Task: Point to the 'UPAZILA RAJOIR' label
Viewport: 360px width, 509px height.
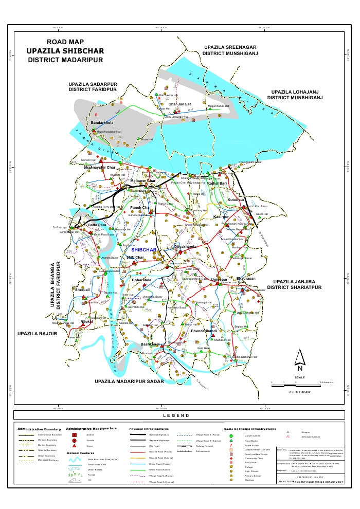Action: [x=37, y=334]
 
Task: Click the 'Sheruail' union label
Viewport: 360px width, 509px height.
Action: [x=83, y=290]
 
